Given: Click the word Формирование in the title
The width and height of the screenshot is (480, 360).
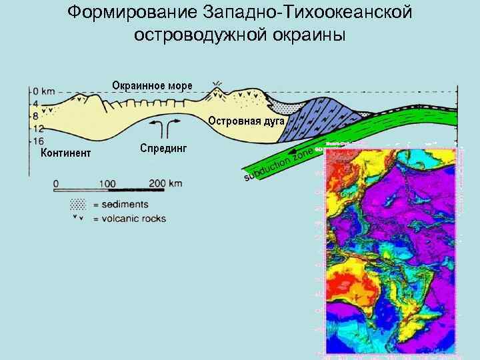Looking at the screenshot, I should click(x=127, y=13).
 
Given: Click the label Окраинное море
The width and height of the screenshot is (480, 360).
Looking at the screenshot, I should click(x=152, y=85).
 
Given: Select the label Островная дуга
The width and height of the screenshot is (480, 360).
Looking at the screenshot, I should click(x=247, y=121).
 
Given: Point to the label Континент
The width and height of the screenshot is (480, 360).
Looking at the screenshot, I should click(x=66, y=154).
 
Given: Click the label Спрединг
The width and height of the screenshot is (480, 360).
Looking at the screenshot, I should click(x=164, y=147).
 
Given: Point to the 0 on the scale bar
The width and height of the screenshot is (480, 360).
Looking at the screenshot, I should click(x=57, y=183).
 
